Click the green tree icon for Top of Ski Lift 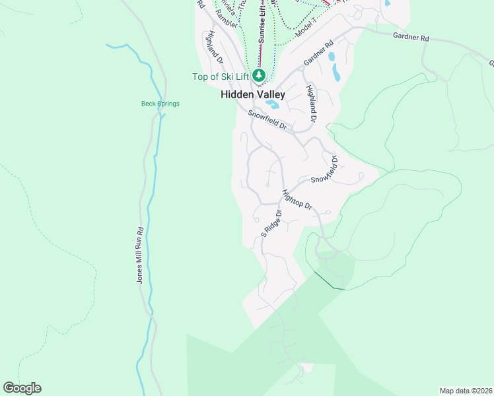[258, 76]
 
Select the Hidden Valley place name [253, 95]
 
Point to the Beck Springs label [160, 104]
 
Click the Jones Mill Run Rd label [140, 255]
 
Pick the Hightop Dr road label [297, 199]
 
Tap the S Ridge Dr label [271, 224]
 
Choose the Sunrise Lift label [262, 22]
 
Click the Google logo [22, 388]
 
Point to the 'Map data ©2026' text [465, 390]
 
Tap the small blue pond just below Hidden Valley [273, 104]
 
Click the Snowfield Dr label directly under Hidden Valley [267, 119]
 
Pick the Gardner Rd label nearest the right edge [411, 37]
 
